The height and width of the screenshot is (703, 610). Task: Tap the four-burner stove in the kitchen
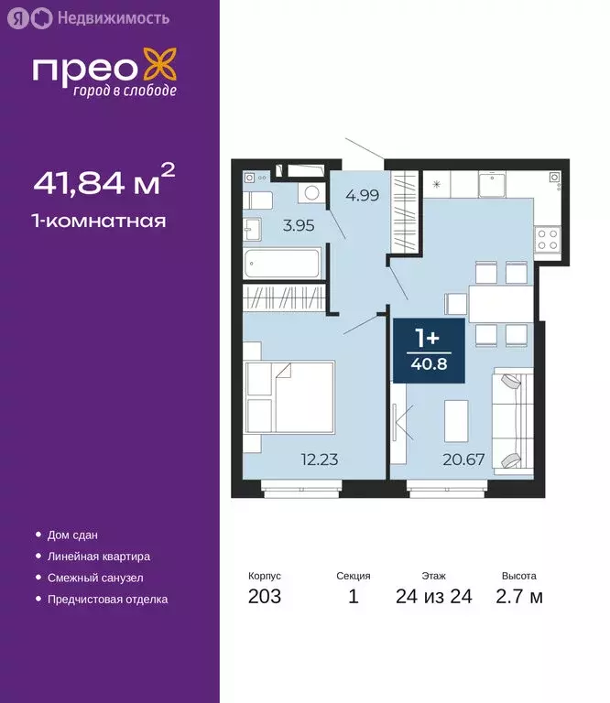point(547,239)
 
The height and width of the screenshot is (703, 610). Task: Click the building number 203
point(264,598)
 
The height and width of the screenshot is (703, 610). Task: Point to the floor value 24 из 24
point(433,598)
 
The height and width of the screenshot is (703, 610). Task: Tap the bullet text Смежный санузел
point(95,578)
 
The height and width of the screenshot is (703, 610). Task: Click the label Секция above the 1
point(353,577)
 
